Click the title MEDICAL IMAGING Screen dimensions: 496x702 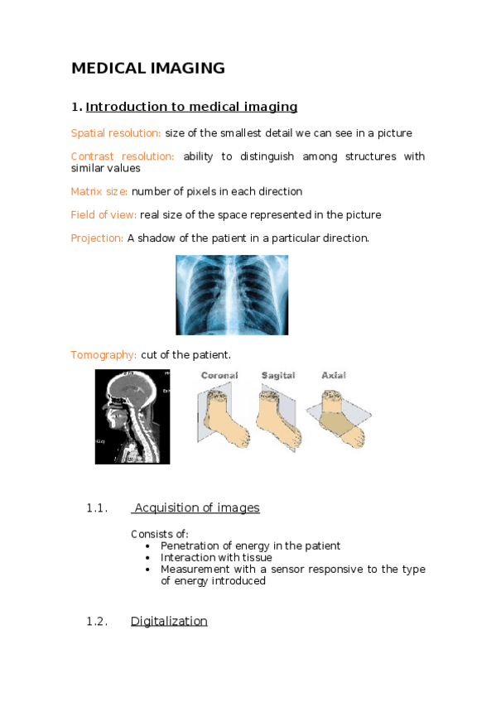pos(148,69)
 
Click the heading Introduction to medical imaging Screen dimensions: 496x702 pos(191,107)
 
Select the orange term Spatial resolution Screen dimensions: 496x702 pos(116,133)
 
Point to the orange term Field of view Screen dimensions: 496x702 pos(104,215)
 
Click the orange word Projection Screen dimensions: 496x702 pos(98,238)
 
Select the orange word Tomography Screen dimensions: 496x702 pos(104,355)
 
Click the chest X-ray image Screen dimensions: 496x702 pos(232,295)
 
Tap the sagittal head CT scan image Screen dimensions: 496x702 pos(132,416)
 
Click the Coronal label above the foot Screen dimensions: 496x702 pos(219,376)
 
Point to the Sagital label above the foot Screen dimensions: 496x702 pos(278,376)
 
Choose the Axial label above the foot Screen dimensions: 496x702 pos(334,376)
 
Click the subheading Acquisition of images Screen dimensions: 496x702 pos(197,508)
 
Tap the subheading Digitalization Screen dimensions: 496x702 pos(169,622)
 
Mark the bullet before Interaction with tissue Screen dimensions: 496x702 pos(147,558)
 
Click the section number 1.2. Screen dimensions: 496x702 pos(97,622)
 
